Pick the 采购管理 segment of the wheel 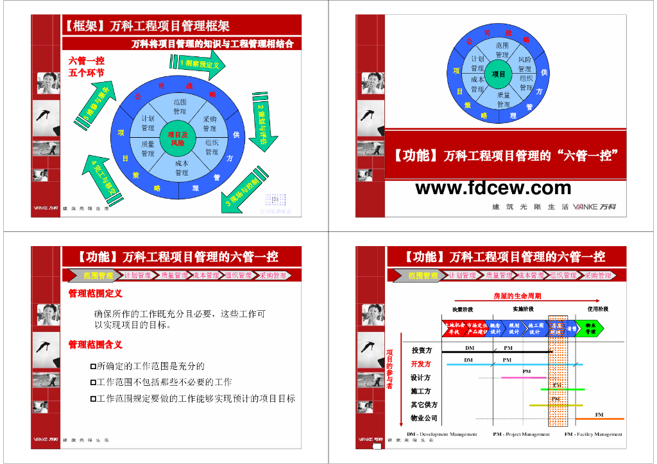pos(210,124)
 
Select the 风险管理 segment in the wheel pos(525,64)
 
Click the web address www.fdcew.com pos(493,188)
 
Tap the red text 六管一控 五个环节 pos(86,66)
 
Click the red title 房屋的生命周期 pos(517,296)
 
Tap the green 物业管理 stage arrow pos(589,328)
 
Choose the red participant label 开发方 pos(421,364)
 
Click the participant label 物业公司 pos(424,418)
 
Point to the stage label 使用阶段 pos(598,309)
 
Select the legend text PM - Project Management pos(521,434)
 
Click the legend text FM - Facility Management pos(593,434)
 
